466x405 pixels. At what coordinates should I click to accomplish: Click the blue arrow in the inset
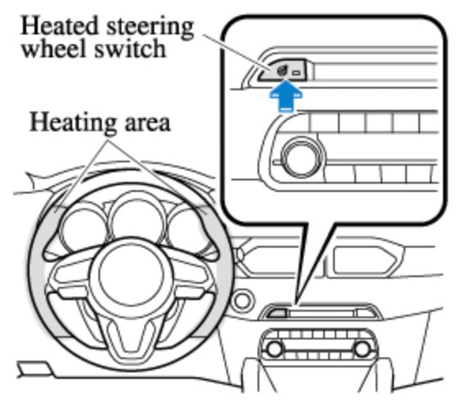tap(286, 97)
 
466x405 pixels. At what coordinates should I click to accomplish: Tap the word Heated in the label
tap(59, 26)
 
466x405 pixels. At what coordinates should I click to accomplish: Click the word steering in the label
tap(150, 28)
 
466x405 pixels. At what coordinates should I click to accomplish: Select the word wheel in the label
tap(54, 49)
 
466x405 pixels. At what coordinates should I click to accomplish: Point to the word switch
tap(130, 49)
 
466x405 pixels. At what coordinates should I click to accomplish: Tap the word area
tap(148, 124)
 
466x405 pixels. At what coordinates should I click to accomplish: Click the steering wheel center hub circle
tap(131, 272)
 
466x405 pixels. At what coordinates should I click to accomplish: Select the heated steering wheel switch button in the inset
tap(281, 71)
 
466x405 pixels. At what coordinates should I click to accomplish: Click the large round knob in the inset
tap(301, 157)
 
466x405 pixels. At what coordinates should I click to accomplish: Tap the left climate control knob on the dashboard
tap(275, 349)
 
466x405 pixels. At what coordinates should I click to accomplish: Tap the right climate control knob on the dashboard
tap(362, 349)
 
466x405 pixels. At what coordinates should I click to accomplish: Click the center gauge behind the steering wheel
tap(137, 221)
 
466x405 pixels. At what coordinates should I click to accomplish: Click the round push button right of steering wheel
tap(242, 301)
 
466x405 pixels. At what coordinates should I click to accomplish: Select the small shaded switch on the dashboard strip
tap(277, 313)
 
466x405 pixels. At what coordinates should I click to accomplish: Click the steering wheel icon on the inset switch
tap(281, 71)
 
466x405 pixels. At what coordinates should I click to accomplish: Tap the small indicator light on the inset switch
tap(297, 72)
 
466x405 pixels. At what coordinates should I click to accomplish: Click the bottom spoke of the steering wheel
tap(131, 335)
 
